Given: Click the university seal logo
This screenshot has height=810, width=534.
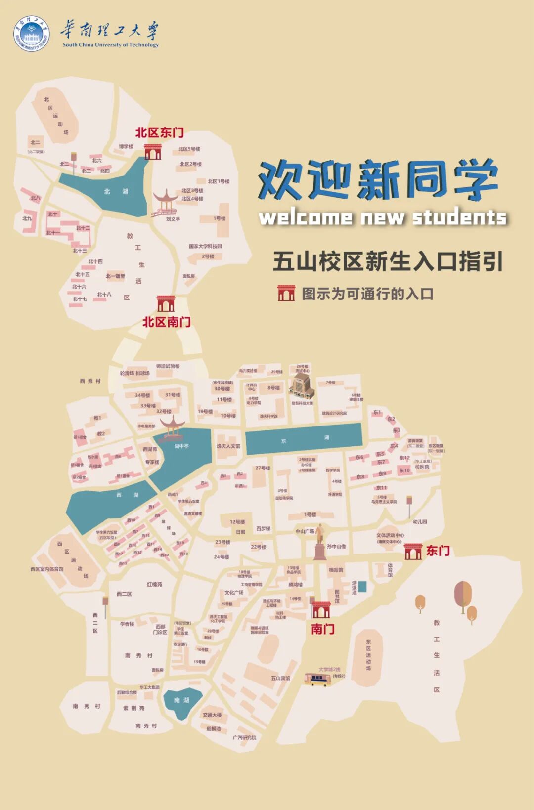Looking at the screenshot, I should (31, 33).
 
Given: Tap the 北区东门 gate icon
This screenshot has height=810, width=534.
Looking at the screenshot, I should (153, 152).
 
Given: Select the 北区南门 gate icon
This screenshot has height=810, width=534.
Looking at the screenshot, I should (166, 303).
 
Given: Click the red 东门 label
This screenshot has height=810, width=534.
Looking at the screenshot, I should (438, 551).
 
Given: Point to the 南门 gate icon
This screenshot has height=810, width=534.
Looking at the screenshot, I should (321, 610).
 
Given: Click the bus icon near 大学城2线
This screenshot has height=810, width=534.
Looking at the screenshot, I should (317, 680).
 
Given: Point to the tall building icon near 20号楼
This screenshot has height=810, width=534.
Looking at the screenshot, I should (302, 385).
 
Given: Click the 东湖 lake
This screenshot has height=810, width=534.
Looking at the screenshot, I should (304, 439).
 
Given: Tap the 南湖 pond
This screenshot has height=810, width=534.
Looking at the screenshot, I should (182, 702).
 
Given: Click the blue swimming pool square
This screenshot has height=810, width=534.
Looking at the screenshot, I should (362, 587).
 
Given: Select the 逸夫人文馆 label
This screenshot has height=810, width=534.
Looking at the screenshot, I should (228, 446).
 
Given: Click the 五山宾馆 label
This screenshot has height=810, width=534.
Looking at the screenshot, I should (280, 678).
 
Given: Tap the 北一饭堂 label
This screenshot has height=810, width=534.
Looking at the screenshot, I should (115, 276).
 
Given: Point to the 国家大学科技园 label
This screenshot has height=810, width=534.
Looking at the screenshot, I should (205, 246).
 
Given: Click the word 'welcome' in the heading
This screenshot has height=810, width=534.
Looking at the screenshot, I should (306, 217).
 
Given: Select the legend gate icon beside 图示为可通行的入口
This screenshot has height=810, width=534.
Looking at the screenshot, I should (286, 293).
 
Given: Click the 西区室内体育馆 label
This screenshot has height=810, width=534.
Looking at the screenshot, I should (47, 569).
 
